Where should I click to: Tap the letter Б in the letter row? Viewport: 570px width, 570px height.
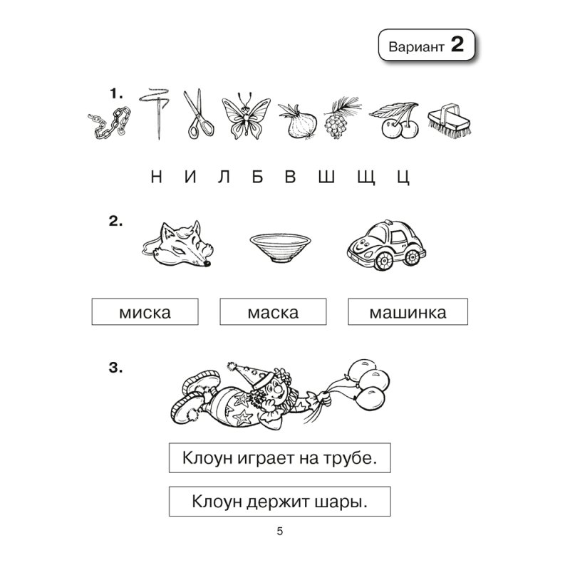coord(257,177)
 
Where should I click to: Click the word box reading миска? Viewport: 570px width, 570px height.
coord(145,312)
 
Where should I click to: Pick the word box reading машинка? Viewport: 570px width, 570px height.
coord(408,312)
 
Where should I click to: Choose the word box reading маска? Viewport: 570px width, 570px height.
coord(273,312)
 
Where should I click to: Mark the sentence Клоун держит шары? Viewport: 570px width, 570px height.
coord(280,501)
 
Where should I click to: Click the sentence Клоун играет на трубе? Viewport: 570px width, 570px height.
coord(280,457)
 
